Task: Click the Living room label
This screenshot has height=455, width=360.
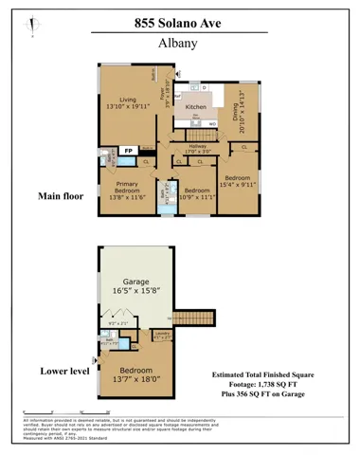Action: [x=128, y=103]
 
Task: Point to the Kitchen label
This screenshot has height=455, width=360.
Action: [x=195, y=107]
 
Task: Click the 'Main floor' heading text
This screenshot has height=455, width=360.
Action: [x=61, y=197]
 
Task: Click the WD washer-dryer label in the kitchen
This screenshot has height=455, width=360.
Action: [x=213, y=124]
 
